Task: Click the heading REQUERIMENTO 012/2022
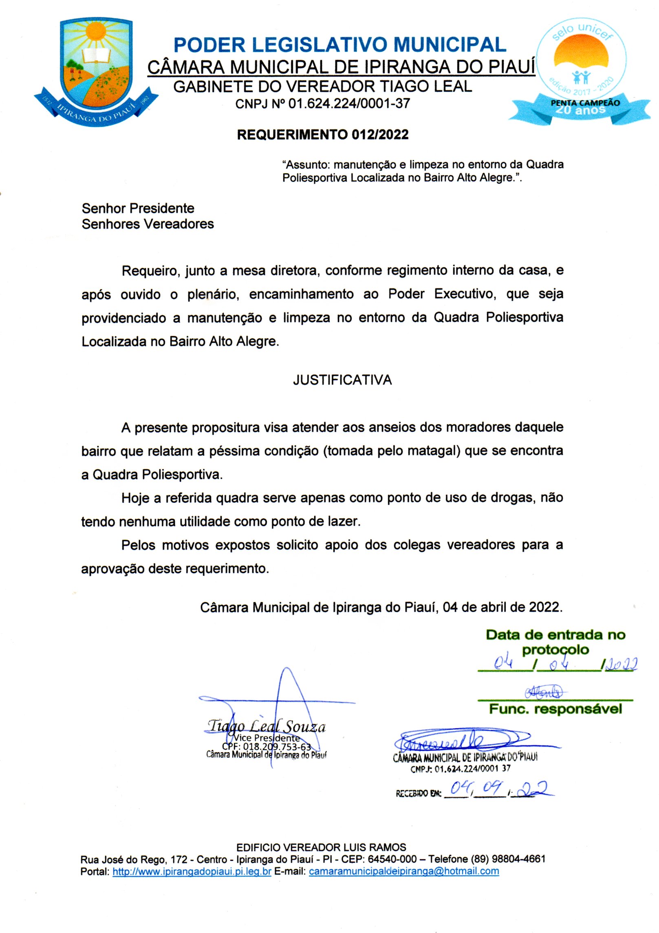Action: point(322,134)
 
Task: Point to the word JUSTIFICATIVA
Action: point(342,380)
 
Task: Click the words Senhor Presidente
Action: point(138,208)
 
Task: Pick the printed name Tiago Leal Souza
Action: point(267,726)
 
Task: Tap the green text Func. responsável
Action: point(555,709)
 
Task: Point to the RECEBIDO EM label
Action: point(418,794)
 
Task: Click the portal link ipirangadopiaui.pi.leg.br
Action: point(192,871)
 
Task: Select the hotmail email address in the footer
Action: point(403,871)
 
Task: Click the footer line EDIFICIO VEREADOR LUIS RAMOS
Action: point(321,847)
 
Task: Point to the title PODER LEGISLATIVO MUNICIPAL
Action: point(340,45)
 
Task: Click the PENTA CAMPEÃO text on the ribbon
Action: point(585,103)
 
